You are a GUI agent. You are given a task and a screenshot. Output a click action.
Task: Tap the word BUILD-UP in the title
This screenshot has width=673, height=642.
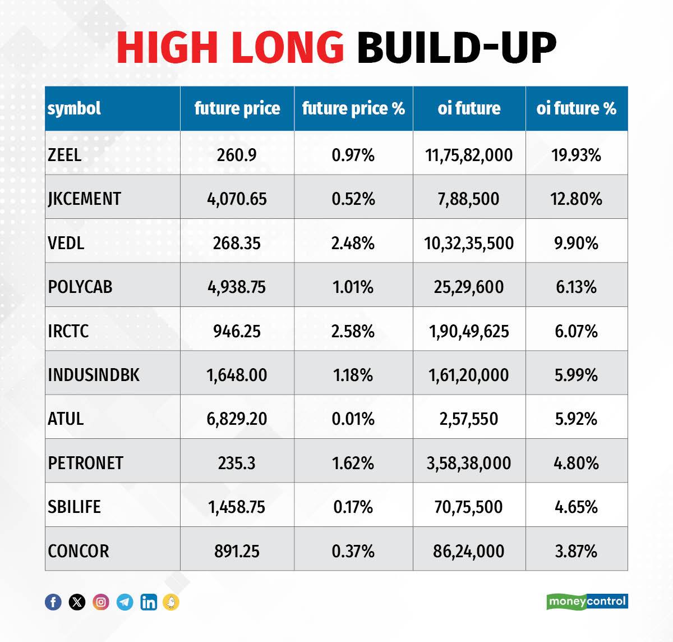coord(456,47)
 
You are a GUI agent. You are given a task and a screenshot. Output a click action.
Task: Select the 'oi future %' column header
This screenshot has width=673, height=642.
coord(576,108)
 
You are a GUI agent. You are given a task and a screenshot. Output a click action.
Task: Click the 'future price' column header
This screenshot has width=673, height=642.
coord(237,108)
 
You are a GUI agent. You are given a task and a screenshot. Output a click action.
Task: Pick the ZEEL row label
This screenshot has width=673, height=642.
coord(64,154)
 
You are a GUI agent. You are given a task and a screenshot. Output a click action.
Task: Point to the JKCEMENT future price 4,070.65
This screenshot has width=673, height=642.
coord(237,199)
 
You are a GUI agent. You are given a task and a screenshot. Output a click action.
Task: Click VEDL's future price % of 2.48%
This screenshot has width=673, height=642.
coord(353,243)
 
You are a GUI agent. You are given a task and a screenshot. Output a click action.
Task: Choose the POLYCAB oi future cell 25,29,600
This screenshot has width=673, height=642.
coord(468,287)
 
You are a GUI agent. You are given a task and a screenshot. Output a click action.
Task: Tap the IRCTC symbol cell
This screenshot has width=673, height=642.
coord(68,331)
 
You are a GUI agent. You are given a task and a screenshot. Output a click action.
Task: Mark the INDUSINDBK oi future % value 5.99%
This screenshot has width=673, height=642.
coord(576,375)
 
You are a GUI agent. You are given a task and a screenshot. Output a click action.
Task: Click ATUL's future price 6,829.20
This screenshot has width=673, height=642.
coord(237,419)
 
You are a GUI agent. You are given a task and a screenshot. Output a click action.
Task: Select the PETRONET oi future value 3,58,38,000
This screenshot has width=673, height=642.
coord(468,463)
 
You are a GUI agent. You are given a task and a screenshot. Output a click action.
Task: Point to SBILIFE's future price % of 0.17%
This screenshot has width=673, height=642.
coord(353,507)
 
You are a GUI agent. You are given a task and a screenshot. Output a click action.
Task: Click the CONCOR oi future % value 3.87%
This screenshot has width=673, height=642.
coord(576,551)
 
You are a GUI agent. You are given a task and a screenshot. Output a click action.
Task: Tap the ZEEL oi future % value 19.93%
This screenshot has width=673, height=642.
coord(576,154)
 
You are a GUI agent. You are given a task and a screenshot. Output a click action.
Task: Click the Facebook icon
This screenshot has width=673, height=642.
coord(53,602)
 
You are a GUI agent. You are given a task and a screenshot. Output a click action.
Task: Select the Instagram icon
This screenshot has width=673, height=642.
coord(101,602)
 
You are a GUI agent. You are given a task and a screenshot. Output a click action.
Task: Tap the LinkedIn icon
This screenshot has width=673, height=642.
coord(149,602)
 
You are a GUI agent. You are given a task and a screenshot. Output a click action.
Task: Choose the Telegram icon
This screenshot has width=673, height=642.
coord(125,602)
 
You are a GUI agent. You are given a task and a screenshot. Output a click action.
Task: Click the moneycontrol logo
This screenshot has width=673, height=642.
coord(587,602)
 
